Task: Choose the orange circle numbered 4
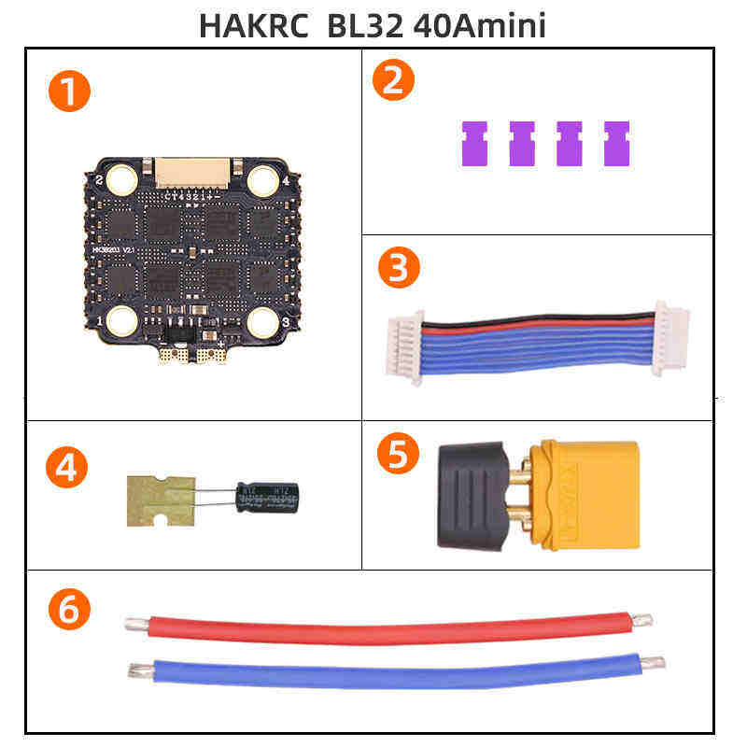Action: tap(65, 467)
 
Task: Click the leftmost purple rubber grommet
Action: tap(475, 144)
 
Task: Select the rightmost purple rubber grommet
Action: tap(616, 144)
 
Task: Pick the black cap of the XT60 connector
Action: tap(473, 495)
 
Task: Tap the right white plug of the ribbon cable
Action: tap(670, 338)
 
